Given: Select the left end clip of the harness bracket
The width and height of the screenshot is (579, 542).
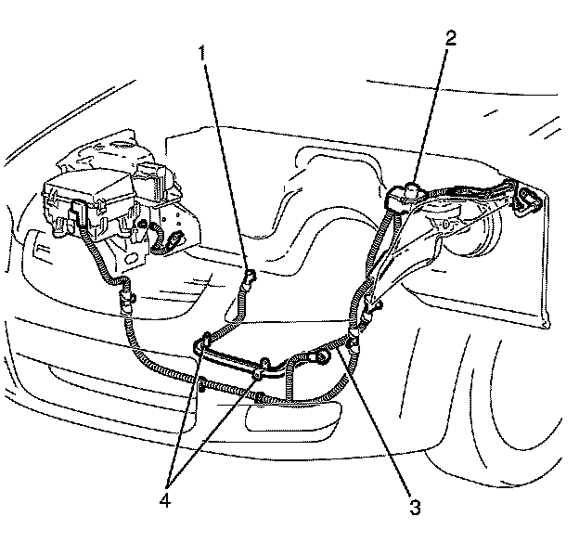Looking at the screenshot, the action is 201,346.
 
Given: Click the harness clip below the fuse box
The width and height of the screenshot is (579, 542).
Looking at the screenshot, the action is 125,299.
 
